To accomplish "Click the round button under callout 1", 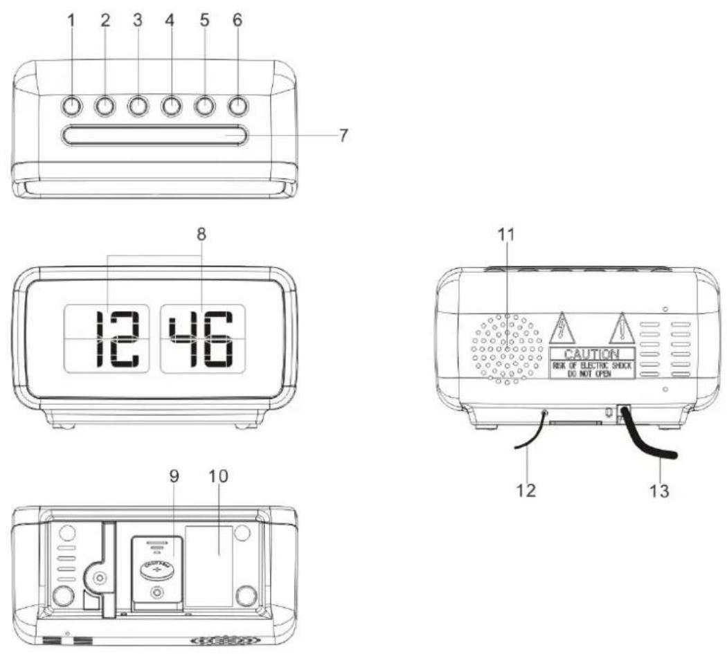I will point(71,105).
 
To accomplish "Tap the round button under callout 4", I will point(171,105).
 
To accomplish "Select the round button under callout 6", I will point(237,105).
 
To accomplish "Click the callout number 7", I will point(343,134).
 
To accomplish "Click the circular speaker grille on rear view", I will point(507,348).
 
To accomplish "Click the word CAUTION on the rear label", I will point(592,354).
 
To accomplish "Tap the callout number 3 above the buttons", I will point(137,21).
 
